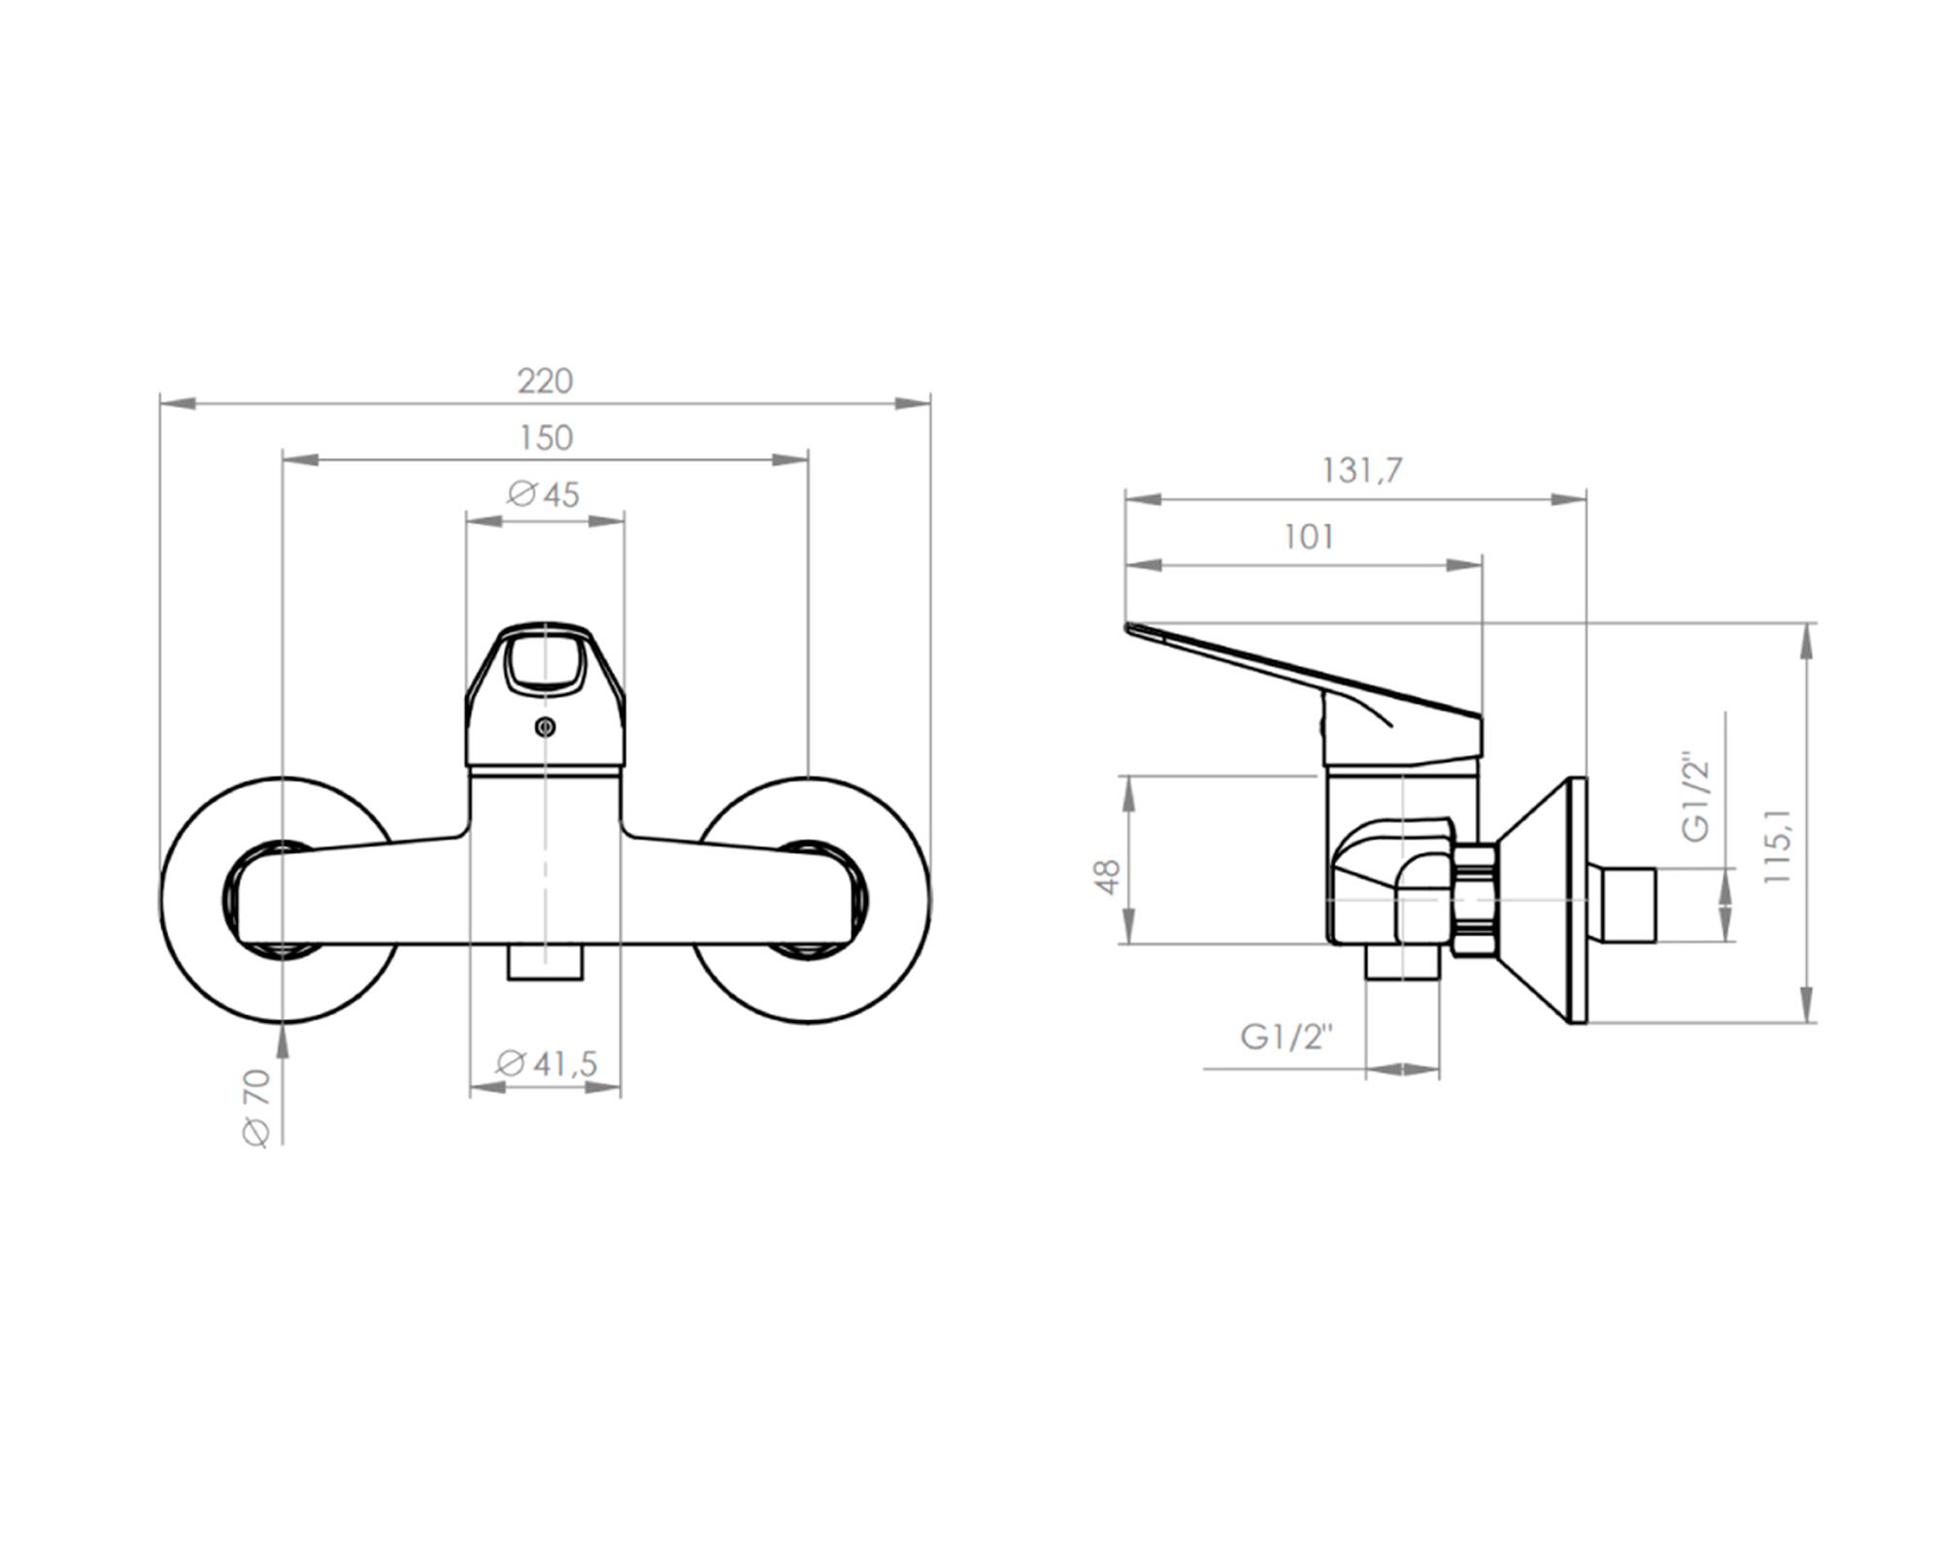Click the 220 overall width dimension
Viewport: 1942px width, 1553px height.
[545, 380]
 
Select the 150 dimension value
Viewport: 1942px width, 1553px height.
[546, 438]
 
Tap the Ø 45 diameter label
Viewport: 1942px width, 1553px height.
[544, 495]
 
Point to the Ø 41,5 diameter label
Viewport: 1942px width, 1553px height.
[546, 1064]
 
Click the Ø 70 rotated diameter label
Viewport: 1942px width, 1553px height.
[255, 1107]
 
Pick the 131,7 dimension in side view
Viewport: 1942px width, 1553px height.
[1361, 471]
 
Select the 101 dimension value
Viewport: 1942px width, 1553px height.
[1309, 537]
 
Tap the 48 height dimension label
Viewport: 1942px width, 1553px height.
[1108, 876]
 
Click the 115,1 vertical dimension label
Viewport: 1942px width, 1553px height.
[1777, 845]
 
